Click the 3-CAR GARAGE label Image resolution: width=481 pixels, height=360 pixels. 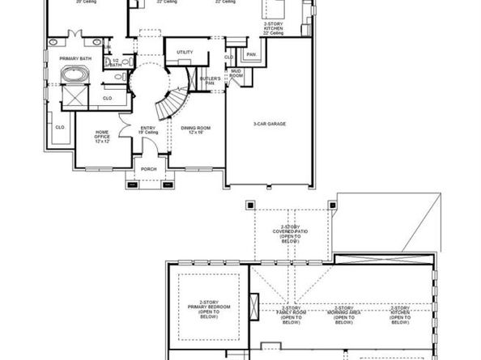coord(270,124)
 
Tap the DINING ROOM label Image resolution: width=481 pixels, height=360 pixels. coord(196,129)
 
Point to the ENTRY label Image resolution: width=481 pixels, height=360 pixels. coord(147,129)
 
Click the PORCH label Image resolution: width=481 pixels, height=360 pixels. coord(148,169)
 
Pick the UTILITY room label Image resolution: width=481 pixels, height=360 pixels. coord(185,53)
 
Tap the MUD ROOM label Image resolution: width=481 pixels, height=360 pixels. coord(236,74)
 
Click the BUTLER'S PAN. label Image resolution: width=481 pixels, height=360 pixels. coord(210,81)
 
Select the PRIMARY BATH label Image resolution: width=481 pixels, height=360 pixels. coord(74,59)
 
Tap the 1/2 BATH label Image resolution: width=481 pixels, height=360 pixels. coord(117,63)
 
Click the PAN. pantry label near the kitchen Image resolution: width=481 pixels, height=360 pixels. coord(252,54)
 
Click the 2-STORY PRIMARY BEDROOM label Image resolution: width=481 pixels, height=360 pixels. coord(209,311)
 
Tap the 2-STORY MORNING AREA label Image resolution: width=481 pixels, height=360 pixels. coord(343,316)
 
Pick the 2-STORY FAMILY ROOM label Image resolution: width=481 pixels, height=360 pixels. coord(290,316)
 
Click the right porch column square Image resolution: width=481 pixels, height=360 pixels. coord(168,184)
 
